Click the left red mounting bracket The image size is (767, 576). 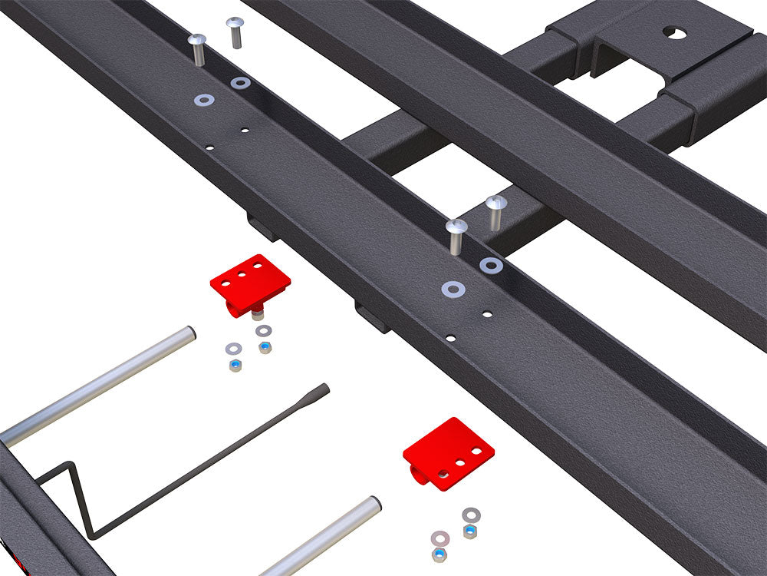click(x=249, y=283)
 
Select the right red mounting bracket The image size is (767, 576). click(x=448, y=452)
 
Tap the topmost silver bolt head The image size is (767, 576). click(x=235, y=23)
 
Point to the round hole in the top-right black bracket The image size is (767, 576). click(x=673, y=33)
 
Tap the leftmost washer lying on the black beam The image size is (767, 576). click(x=204, y=100)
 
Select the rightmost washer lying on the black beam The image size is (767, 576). click(x=491, y=265)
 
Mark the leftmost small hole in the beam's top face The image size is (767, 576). click(x=209, y=146)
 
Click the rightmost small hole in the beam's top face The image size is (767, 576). click(x=487, y=313)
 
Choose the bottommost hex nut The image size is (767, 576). click(x=439, y=554)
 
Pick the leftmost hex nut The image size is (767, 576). click(x=234, y=366)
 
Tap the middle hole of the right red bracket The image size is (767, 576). click(x=461, y=463)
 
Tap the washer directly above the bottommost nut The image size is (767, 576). click(x=440, y=537)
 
